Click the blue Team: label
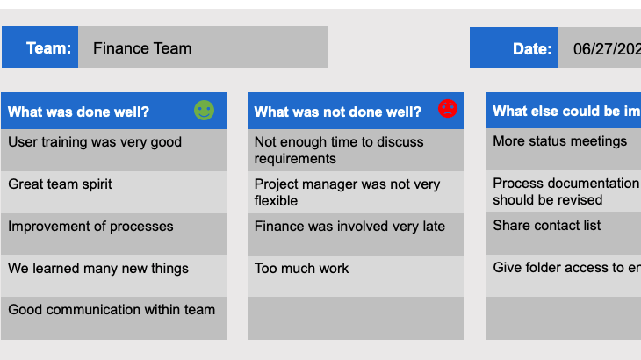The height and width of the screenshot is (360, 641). coord(40,47)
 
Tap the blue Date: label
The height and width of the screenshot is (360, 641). coord(515,48)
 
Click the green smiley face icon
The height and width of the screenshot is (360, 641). coord(204,110)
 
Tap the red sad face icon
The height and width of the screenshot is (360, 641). coord(448,109)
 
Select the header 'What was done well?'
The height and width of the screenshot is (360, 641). coord(79,112)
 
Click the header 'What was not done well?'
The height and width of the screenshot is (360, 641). coord(338,112)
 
